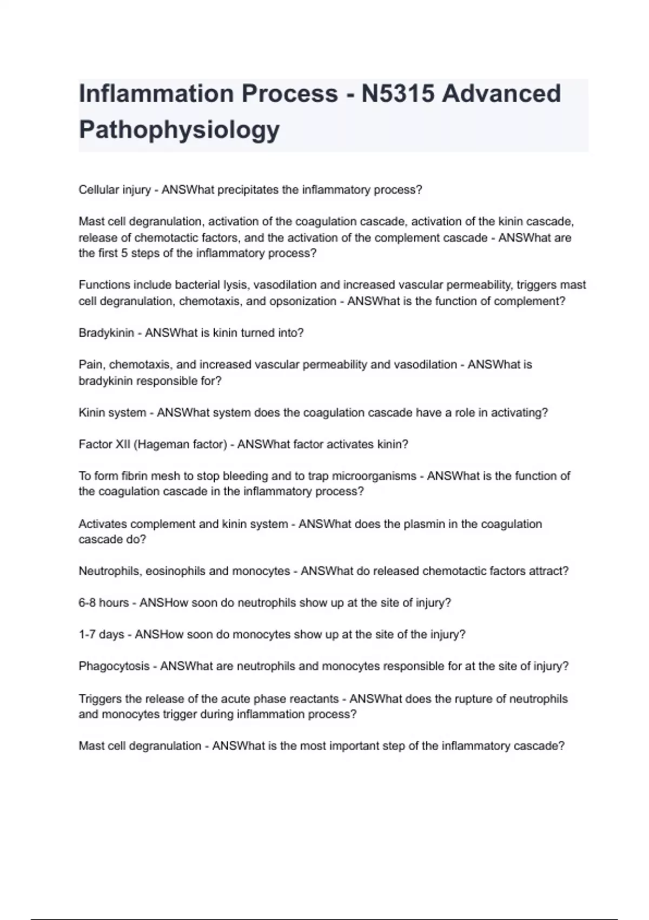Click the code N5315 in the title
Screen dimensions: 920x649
(x=398, y=94)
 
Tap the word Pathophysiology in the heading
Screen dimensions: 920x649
(x=179, y=129)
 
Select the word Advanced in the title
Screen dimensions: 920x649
(x=501, y=94)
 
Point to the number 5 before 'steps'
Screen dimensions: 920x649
(x=124, y=253)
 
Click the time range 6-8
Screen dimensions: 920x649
(x=87, y=603)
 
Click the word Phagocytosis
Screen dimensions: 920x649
(x=114, y=666)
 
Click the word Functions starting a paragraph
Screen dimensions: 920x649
(x=104, y=285)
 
